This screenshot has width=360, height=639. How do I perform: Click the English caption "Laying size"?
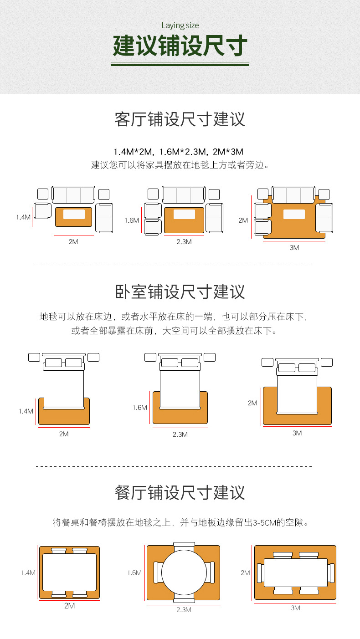pyautogui.click(x=180, y=26)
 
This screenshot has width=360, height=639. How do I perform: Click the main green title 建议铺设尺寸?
pyautogui.click(x=180, y=46)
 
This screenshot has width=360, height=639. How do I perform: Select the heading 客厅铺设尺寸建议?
pyautogui.click(x=180, y=119)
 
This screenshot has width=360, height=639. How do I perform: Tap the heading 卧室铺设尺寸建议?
pyautogui.click(x=180, y=291)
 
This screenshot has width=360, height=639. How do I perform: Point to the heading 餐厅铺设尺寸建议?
pyautogui.click(x=180, y=493)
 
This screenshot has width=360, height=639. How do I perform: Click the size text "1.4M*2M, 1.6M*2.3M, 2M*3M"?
pyautogui.click(x=179, y=152)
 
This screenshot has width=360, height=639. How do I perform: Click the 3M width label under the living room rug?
pyautogui.click(x=294, y=248)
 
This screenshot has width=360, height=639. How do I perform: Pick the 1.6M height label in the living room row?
pyautogui.click(x=132, y=220)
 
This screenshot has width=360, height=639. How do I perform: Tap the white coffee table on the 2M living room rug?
pyautogui.click(x=74, y=214)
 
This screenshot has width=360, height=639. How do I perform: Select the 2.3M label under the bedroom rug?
pyautogui.click(x=180, y=435)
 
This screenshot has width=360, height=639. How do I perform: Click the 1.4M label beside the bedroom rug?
pyautogui.click(x=26, y=411)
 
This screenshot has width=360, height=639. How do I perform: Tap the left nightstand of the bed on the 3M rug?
pyautogui.click(x=267, y=362)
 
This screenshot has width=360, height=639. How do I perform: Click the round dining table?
pyautogui.click(x=184, y=573)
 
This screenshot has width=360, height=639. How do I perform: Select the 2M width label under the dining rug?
pyautogui.click(x=69, y=606)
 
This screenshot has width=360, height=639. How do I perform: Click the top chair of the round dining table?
pyautogui.click(x=184, y=546)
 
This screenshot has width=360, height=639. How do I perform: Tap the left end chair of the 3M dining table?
pyautogui.click(x=260, y=573)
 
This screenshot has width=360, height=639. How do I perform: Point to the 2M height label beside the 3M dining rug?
pyautogui.click(x=246, y=573)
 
